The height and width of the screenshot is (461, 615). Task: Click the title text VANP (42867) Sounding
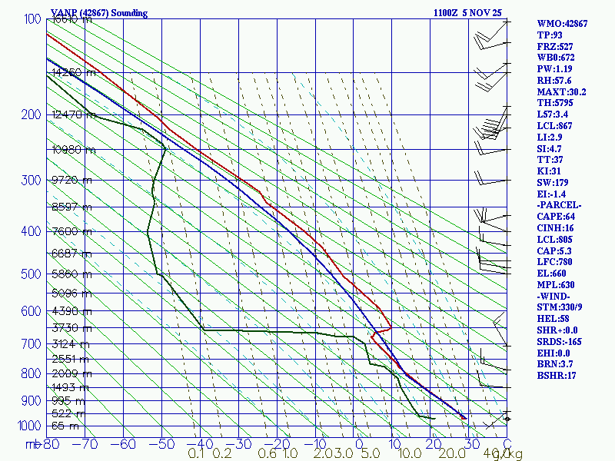99,13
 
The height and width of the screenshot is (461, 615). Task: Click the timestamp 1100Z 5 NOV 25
468,13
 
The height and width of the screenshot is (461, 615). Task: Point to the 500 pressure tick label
30,274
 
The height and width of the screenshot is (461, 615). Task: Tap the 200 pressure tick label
30,115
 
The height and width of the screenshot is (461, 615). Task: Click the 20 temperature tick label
431,443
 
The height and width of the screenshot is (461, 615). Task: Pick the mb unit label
32,443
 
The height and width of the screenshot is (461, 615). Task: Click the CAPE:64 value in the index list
555,217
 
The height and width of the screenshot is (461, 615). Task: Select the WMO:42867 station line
562,24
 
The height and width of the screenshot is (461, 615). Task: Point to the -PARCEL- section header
559,205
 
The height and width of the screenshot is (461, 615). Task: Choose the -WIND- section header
554,296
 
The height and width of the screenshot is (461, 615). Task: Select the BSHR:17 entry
555,375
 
